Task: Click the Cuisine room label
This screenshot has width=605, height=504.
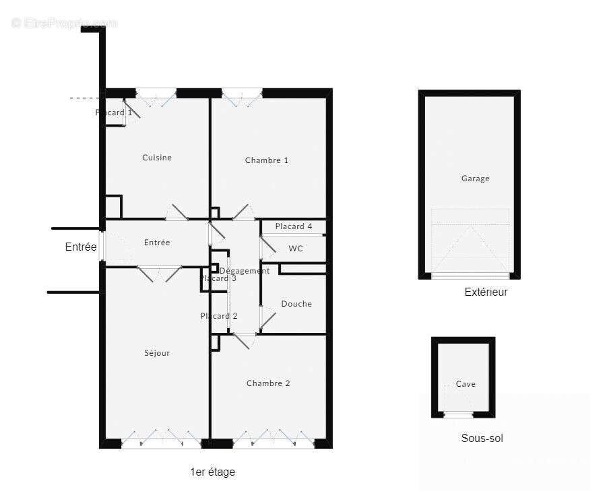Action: tap(157, 158)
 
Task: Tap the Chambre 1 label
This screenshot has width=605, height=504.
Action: tap(267, 160)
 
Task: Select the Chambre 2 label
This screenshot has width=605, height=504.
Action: tap(268, 383)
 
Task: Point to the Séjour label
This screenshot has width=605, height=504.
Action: tap(157, 353)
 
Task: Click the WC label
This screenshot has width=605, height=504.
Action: tap(296, 249)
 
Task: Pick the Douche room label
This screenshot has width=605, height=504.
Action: tap(296, 304)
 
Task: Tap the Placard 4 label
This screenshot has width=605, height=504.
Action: tap(294, 226)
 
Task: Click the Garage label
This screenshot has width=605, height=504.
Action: tap(475, 179)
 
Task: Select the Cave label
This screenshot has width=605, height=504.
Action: tap(466, 384)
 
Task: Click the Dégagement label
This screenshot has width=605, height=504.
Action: tap(245, 271)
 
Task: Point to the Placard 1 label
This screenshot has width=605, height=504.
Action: tap(114, 113)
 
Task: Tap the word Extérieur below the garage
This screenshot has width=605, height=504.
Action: tap(486, 292)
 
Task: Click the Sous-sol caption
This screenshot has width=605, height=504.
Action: tap(482, 439)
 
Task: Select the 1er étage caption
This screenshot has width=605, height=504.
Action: tap(212, 472)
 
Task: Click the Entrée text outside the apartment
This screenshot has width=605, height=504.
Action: tap(81, 247)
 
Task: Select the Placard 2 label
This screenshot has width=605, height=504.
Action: tap(219, 316)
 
